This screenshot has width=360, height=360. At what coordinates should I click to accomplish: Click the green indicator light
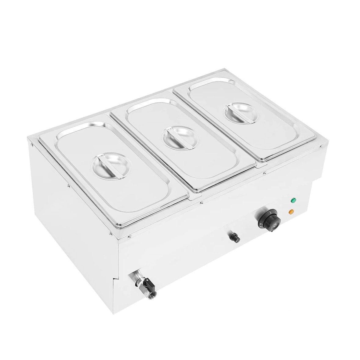(x=293, y=201)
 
